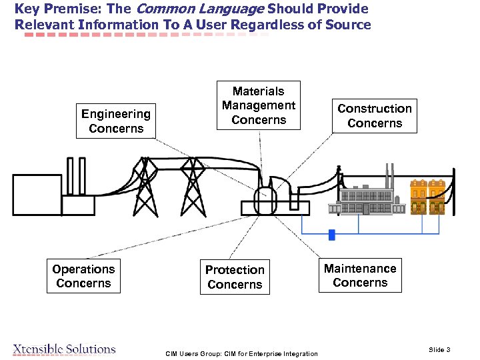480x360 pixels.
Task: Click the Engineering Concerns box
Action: tap(116, 121)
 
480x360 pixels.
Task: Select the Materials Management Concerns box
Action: tap(259, 105)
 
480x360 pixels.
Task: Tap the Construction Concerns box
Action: tap(375, 115)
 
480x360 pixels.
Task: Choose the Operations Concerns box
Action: tap(83, 276)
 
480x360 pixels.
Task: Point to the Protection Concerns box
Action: tap(235, 277)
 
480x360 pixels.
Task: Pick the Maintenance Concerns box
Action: tap(360, 275)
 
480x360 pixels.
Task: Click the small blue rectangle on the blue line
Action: tap(331, 235)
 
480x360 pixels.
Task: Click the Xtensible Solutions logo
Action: tap(64, 349)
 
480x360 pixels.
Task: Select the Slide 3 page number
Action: tap(439, 350)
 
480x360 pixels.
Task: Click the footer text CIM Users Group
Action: tap(241, 353)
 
